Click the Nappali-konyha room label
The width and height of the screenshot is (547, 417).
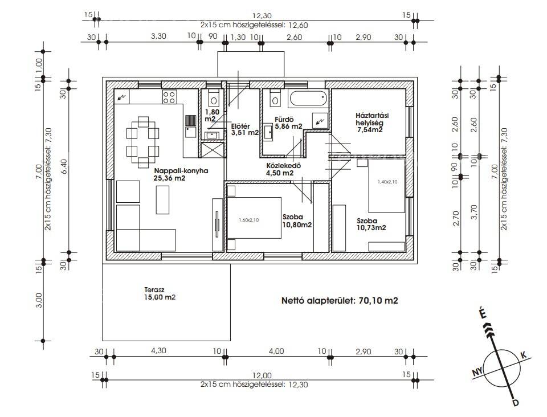pos(181,171)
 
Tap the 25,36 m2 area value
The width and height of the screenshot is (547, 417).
pos(169,178)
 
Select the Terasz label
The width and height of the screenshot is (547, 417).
pos(154,290)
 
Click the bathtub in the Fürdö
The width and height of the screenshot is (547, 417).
pos(308,99)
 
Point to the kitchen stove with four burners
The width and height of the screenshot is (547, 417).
pos(169,97)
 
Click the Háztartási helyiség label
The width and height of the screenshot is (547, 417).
pos(372,119)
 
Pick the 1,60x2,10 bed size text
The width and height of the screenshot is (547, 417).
pos(249,220)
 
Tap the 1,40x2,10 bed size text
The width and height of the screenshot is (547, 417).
pos(387,182)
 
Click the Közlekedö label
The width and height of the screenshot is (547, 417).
pos(283,166)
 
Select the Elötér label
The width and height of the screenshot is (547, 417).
pos(240,126)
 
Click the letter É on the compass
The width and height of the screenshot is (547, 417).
pos(483,313)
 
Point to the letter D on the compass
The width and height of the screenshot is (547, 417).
pos(515,403)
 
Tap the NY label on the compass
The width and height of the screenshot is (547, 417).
pos(477,373)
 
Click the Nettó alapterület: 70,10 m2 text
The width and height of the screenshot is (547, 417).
pos(340,301)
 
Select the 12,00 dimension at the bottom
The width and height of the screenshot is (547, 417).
pos(262,375)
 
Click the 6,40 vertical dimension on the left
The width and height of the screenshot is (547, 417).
pos(63,167)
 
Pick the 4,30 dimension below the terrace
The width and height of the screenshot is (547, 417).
pos(158,351)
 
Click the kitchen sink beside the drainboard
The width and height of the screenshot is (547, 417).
pos(190,132)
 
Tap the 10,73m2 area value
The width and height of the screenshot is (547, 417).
pos(371,228)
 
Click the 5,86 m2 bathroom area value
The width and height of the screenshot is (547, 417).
pos(288,126)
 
